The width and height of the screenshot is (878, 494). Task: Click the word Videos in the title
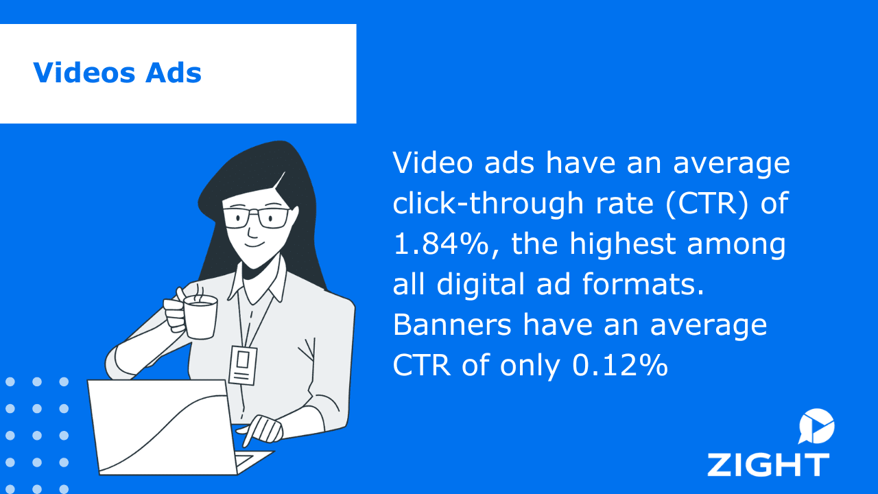pyautogui.click(x=84, y=73)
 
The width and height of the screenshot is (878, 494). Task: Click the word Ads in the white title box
pyautogui.click(x=174, y=73)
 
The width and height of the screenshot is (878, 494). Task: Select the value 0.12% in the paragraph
pyautogui.click(x=620, y=366)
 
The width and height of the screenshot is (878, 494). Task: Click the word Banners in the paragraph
pyautogui.click(x=452, y=325)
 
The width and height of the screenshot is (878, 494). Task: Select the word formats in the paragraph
pyautogui.click(x=643, y=284)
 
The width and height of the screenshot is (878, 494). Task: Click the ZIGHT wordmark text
pyautogui.click(x=768, y=465)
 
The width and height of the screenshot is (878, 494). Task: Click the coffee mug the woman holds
pyautogui.click(x=200, y=317)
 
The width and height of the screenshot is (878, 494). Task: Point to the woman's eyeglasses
pyautogui.click(x=257, y=218)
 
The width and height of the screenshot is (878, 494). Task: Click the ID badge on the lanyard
pyautogui.click(x=243, y=364)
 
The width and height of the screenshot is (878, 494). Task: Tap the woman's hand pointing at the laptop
pyautogui.click(x=262, y=430)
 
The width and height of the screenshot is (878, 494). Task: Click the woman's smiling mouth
pyautogui.click(x=254, y=244)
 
